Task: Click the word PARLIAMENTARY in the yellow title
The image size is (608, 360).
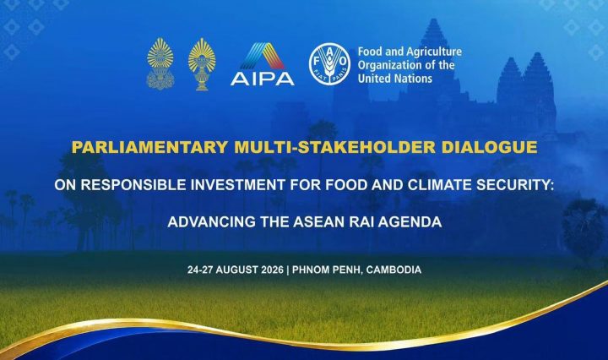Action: tap(150, 147)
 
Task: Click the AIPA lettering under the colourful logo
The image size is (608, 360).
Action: tap(263, 79)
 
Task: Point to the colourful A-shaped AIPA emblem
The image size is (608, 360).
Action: tap(263, 56)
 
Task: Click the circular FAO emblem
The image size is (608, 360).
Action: tap(329, 63)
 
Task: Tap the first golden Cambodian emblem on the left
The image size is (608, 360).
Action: tap(160, 64)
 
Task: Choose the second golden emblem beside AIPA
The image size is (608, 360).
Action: tap(202, 64)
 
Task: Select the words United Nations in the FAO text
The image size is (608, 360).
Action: tap(394, 79)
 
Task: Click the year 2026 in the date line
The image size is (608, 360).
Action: tap(272, 270)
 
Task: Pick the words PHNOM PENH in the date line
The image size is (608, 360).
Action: tap(328, 270)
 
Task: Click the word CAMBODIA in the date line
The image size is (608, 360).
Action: tap(394, 270)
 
